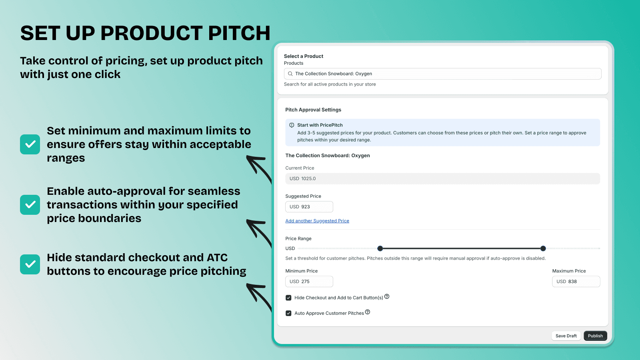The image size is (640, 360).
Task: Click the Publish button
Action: coord(595,336)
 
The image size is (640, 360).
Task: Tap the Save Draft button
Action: coord(566,336)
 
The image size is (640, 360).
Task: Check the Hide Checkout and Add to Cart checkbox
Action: coord(288,298)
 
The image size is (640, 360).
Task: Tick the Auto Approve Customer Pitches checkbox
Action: coord(288,313)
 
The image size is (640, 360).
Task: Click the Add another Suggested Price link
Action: coord(317,221)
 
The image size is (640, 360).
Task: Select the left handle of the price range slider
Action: coord(380,248)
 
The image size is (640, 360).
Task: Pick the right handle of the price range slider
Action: coord(543,248)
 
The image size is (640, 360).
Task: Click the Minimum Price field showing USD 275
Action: coord(309,282)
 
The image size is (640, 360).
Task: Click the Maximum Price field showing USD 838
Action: coord(576,282)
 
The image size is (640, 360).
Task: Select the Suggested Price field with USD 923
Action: coord(309,206)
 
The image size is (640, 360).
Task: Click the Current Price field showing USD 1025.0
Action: coord(442,178)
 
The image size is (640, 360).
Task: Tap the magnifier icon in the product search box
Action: coord(290,74)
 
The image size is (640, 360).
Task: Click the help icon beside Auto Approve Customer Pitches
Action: coord(368,312)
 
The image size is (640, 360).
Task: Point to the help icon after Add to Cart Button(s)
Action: coord(387,296)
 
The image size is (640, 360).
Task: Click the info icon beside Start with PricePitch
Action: coord(292,125)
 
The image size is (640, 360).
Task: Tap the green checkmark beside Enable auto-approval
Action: coord(30,204)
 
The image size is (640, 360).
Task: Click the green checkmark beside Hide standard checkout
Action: coord(30,264)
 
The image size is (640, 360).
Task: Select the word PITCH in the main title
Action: coord(239,33)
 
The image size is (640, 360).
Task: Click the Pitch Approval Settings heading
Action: coord(313,110)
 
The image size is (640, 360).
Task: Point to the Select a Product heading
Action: coord(304,56)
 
